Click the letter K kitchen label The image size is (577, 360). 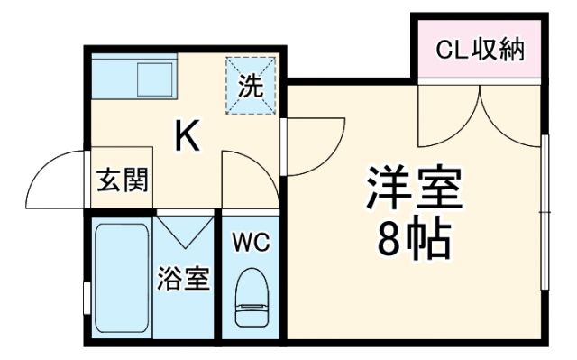pyautogui.click(x=187, y=137)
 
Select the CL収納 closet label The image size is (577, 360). pyautogui.click(x=480, y=50)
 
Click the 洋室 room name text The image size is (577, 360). pyautogui.click(x=414, y=187)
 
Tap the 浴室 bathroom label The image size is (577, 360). pyautogui.click(x=184, y=278)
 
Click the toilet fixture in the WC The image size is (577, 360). pyautogui.click(x=251, y=298)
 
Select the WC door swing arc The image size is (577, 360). pyautogui.click(x=248, y=176)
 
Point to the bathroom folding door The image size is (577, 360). pyautogui.click(x=185, y=231)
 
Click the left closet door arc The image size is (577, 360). pyautogui.click(x=446, y=113)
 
